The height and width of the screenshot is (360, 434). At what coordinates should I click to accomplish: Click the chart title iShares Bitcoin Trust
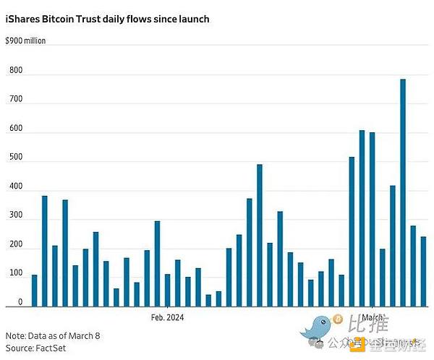[x=107, y=20]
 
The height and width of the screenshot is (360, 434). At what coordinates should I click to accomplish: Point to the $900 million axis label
[x=25, y=41]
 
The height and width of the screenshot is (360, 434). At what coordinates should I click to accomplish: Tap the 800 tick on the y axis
[x=15, y=71]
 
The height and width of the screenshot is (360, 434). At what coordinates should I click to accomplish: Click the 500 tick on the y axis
[x=15, y=158]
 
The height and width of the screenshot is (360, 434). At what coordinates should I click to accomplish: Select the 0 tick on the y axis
[x=20, y=303]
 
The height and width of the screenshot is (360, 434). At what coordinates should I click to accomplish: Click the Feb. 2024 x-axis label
[x=167, y=317]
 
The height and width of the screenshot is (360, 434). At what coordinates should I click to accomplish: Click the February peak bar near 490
[x=260, y=235]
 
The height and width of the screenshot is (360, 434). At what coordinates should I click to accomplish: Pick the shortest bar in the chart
[x=208, y=300]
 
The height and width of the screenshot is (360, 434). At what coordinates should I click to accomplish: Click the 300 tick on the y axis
[x=15, y=216]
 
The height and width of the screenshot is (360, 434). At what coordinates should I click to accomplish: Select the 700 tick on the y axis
[x=15, y=100]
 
